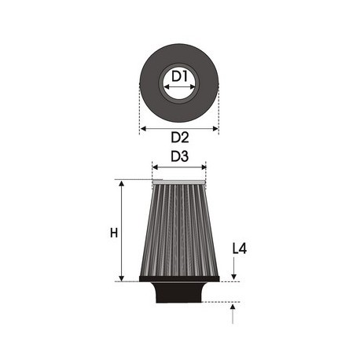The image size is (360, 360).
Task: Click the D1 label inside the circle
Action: (x=179, y=76)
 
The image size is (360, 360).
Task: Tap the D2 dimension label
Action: (x=179, y=138)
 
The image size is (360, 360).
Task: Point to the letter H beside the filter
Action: (x=114, y=233)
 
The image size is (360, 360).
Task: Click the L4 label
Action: (x=240, y=249)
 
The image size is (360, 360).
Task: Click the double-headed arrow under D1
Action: (x=179, y=88)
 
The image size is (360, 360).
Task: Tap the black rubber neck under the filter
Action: (x=178, y=292)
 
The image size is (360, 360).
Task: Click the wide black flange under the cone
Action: (x=178, y=277)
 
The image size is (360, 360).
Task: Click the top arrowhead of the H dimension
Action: (x=122, y=183)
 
